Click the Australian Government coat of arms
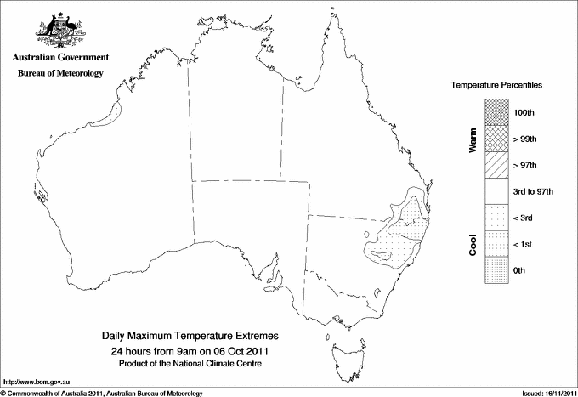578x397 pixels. (x=59, y=31)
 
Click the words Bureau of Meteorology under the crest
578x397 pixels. (x=59, y=74)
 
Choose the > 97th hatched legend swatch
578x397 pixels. (x=497, y=165)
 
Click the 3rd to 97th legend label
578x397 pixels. (x=534, y=192)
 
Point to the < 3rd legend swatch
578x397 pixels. (x=497, y=218)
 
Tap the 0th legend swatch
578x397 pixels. (x=497, y=270)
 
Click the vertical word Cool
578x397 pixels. (x=473, y=244)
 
